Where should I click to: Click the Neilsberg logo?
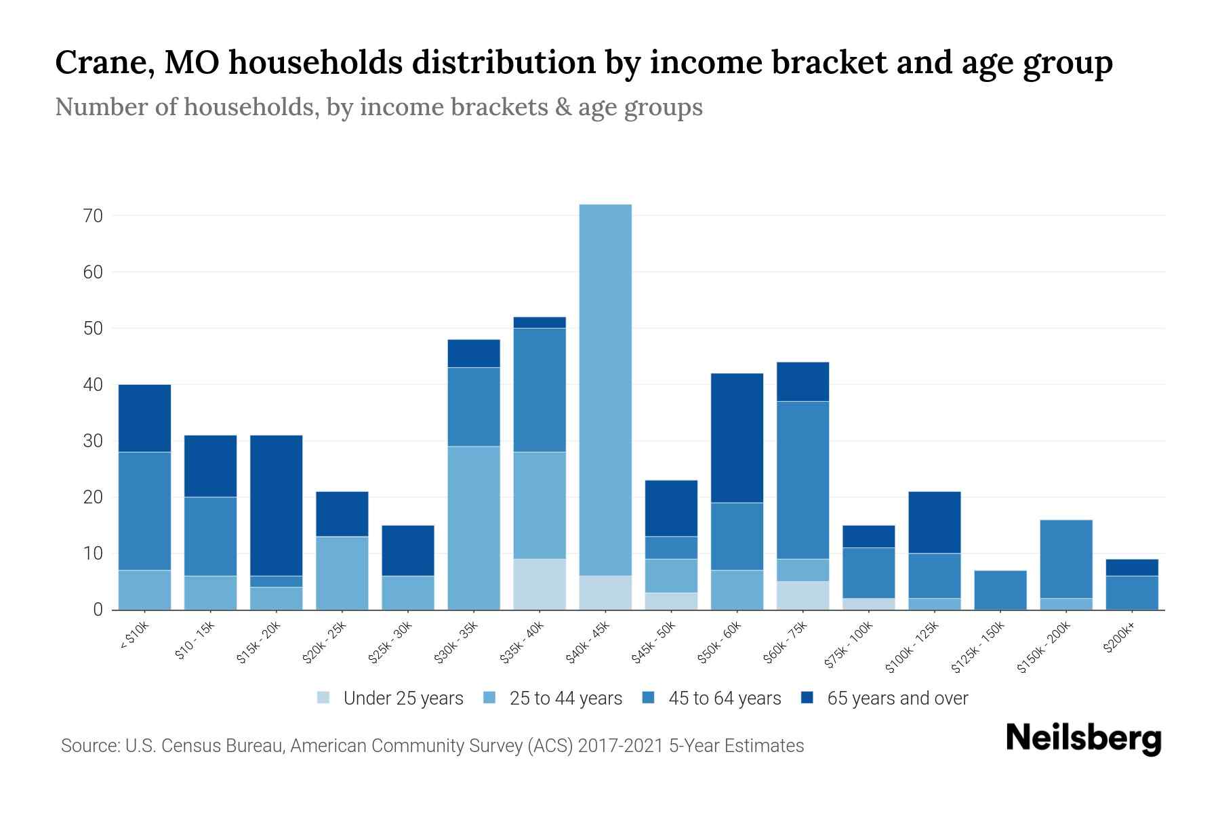click(1083, 738)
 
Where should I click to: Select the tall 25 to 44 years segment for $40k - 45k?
click(605, 390)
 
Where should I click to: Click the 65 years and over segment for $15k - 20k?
click(277, 505)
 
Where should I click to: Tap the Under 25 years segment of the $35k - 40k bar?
click(540, 584)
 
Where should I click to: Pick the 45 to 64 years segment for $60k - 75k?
click(802, 480)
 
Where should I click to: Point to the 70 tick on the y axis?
click(93, 216)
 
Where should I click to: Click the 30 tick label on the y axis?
click(93, 441)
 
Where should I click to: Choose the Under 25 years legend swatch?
click(324, 698)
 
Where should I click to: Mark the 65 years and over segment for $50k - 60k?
click(737, 438)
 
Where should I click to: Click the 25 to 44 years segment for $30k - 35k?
click(474, 528)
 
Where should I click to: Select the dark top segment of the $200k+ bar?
click(1132, 567)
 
